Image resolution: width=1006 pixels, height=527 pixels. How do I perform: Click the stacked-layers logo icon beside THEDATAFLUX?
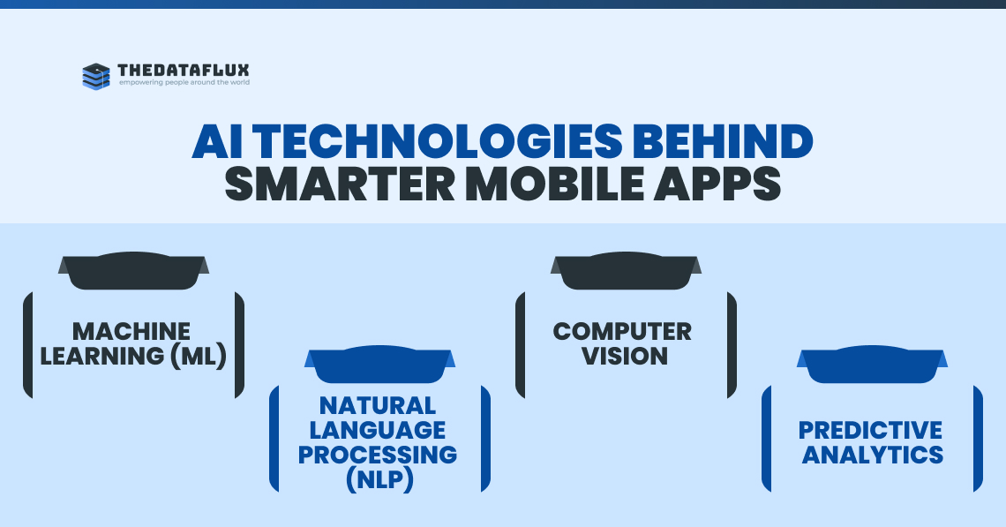(96, 77)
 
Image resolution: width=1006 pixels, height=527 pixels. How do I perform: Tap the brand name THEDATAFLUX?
(184, 70)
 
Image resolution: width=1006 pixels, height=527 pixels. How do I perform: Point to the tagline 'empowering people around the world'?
(184, 82)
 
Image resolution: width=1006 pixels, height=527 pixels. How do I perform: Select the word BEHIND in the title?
(723, 141)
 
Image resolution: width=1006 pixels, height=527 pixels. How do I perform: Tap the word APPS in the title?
(717, 184)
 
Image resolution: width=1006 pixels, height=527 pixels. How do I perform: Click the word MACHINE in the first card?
(131, 331)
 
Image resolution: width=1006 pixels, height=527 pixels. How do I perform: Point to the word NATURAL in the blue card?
(378, 406)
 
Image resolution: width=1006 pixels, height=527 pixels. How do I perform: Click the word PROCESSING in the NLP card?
(378, 455)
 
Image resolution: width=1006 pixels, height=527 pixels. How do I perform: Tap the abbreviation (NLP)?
(379, 479)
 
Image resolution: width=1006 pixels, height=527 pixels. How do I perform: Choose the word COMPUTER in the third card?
(622, 331)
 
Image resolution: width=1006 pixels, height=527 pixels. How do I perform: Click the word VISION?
(625, 356)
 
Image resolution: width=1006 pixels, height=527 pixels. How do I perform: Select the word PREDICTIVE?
(871, 430)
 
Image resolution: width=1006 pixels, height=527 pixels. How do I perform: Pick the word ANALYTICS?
(873, 455)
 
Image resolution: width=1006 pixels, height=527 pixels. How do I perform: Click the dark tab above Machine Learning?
(133, 270)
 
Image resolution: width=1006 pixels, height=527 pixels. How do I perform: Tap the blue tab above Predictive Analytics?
(872, 364)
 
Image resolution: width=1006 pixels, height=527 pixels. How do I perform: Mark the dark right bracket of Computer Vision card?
(732, 344)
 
